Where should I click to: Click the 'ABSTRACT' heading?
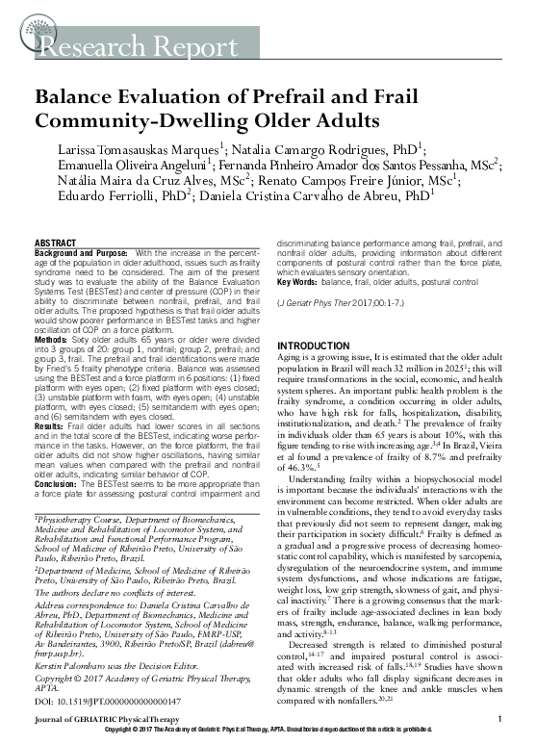pyautogui.click(x=56, y=243)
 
